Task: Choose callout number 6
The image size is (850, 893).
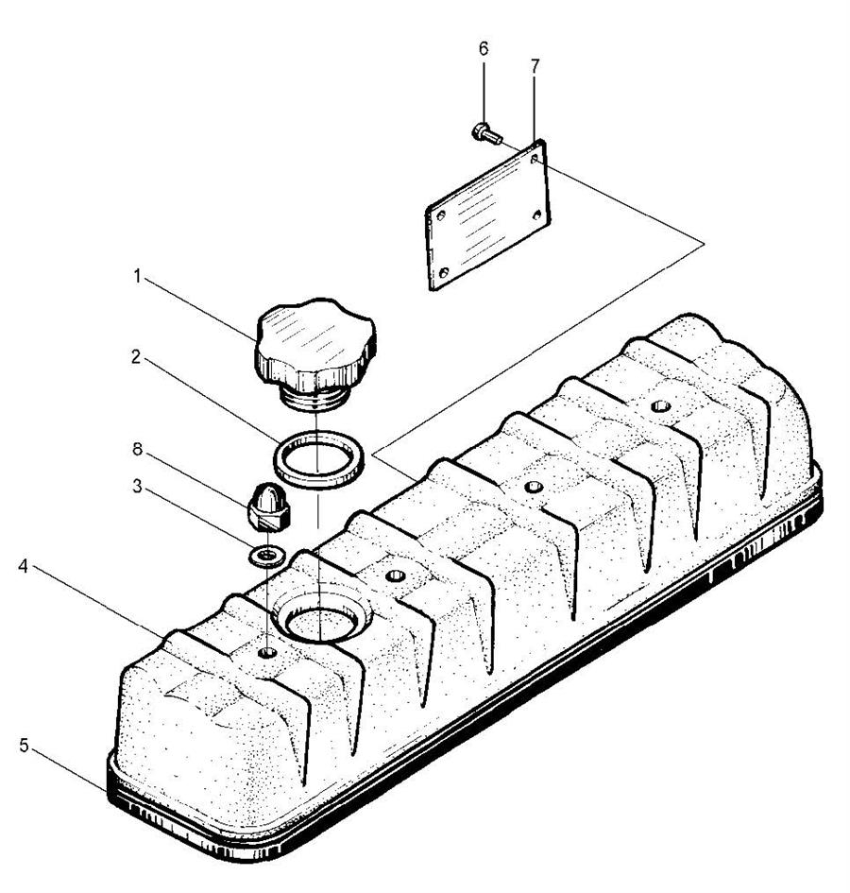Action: click(x=484, y=49)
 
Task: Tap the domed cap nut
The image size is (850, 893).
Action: click(x=268, y=504)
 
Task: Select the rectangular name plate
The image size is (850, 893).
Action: click(x=487, y=215)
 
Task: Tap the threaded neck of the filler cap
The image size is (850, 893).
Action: click(x=315, y=398)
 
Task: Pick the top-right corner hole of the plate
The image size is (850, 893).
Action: click(x=535, y=159)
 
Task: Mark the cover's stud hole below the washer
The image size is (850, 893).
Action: click(x=267, y=652)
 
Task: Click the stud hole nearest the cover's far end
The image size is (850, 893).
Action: click(x=661, y=406)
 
